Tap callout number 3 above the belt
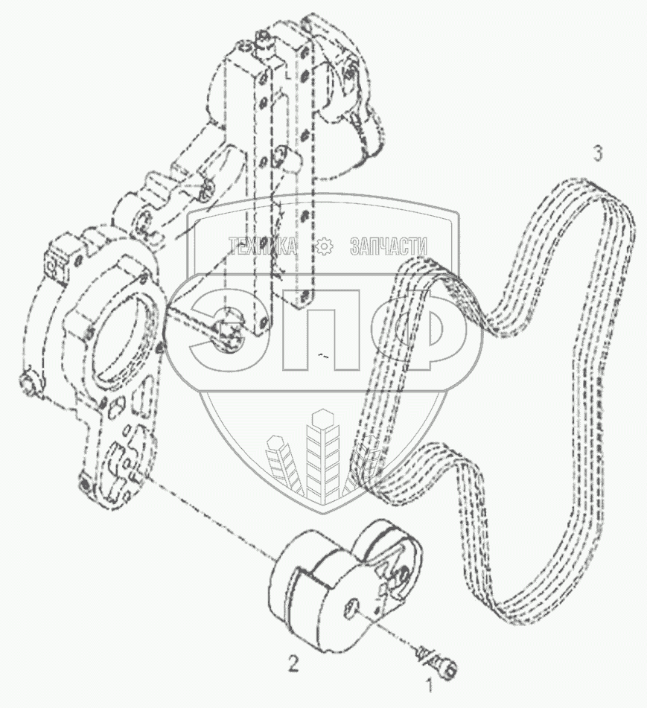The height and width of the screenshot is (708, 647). [x=597, y=153]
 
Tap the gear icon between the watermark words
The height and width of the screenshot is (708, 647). [x=324, y=247]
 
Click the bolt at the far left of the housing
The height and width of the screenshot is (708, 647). [x=28, y=383]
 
